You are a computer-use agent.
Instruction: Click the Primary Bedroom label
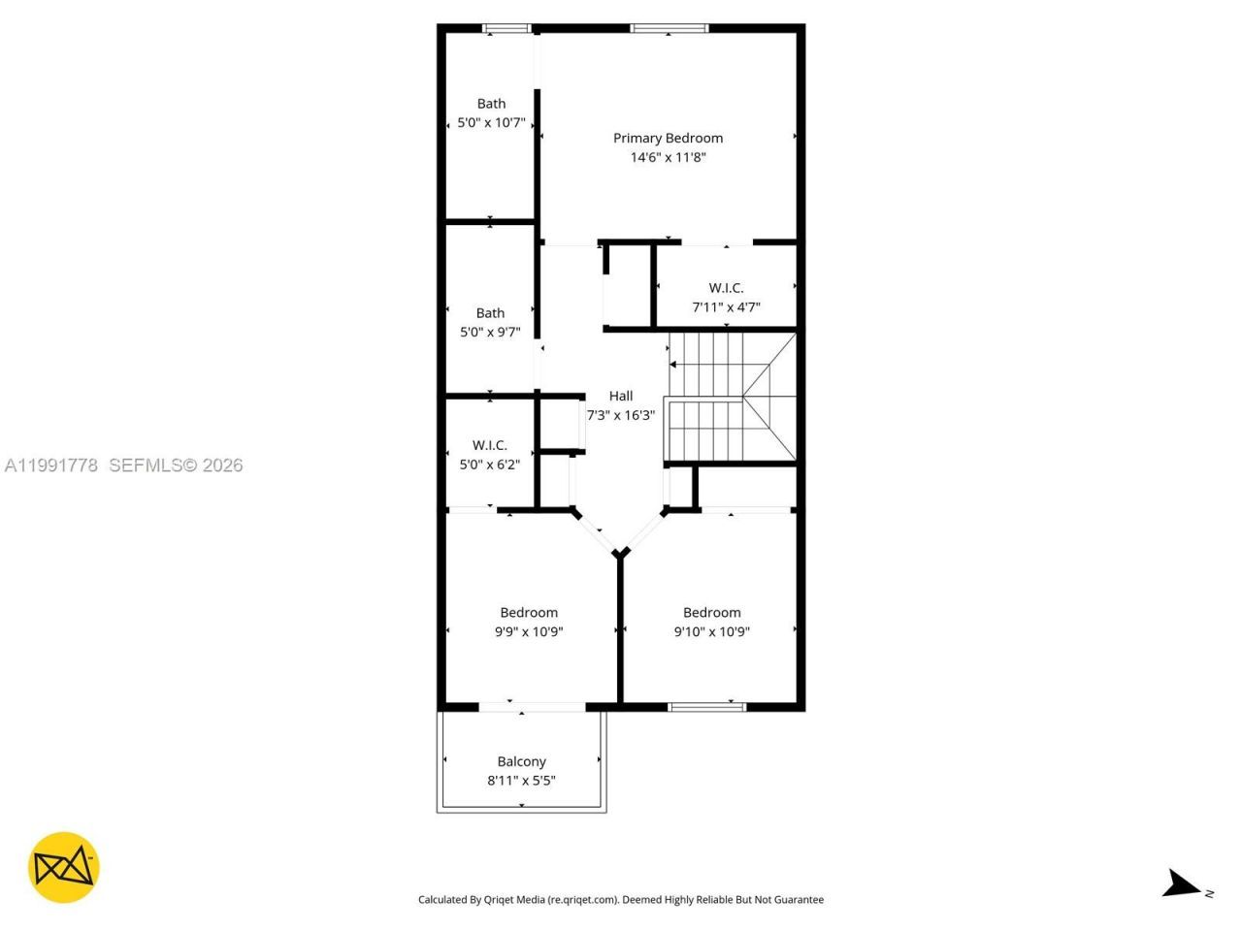click(x=668, y=138)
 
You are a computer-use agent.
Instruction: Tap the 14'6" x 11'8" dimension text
click(x=668, y=157)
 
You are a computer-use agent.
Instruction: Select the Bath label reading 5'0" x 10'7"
click(x=491, y=104)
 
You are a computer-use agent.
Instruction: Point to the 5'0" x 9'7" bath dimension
click(x=490, y=332)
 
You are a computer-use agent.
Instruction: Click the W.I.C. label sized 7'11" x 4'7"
click(x=726, y=288)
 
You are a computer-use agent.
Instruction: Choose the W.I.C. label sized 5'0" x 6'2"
click(x=490, y=445)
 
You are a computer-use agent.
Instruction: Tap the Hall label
click(x=621, y=396)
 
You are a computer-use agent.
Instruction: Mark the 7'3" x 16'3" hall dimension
click(x=621, y=415)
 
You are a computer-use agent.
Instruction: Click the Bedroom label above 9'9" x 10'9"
click(x=529, y=612)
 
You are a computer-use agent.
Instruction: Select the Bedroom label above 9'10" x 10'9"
click(x=711, y=612)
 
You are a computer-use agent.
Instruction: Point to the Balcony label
click(x=521, y=761)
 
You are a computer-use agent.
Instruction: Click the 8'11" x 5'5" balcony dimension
click(x=521, y=781)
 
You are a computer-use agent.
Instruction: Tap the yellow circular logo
click(x=64, y=867)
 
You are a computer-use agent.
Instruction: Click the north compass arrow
click(x=1181, y=883)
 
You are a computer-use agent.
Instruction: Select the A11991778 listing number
click(x=51, y=465)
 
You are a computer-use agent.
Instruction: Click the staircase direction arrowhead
click(x=673, y=365)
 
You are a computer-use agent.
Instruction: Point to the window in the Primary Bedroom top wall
click(x=670, y=28)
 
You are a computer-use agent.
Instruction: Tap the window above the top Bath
click(x=507, y=28)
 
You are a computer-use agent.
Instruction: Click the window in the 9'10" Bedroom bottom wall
click(x=707, y=706)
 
